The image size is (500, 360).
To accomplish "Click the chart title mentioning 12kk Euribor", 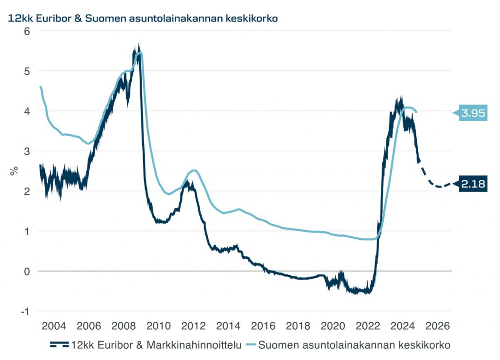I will (x=142, y=19).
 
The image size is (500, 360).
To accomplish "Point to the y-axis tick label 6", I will (x=27, y=31).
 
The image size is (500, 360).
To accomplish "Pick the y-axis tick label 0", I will (x=27, y=271).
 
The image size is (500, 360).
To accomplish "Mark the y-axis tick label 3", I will (x=27, y=151).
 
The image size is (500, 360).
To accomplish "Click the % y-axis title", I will (x=15, y=171).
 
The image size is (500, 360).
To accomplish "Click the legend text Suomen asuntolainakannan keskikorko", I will (x=354, y=345).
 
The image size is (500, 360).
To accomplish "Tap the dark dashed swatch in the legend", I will (x=60, y=345).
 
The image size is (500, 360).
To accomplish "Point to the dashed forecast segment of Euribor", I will (x=435, y=184).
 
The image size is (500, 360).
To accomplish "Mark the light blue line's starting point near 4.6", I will (x=40, y=87).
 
